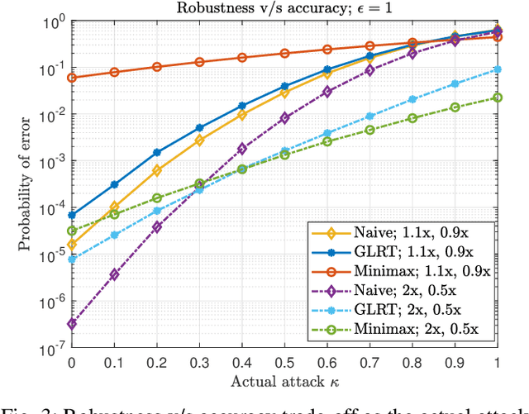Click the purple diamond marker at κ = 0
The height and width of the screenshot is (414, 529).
[x=71, y=324]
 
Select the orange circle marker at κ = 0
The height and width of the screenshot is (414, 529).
[x=71, y=78]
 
